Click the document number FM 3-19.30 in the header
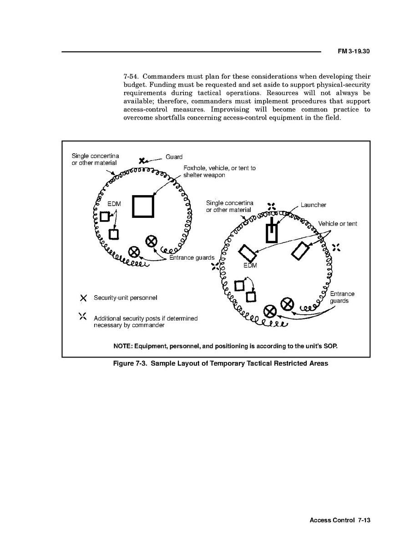click(354, 51)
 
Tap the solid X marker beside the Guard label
click(142, 161)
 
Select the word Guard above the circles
click(174, 157)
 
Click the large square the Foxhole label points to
click(143, 206)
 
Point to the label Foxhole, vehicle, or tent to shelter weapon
click(219, 171)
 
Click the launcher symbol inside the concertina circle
click(272, 230)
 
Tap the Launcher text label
click(313, 205)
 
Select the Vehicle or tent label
click(338, 224)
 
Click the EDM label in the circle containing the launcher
click(250, 266)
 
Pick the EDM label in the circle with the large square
click(114, 204)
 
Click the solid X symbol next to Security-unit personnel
click(83, 298)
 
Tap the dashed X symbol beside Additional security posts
click(82, 316)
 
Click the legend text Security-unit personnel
click(126, 298)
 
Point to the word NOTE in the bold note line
click(123, 346)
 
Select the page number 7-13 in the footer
click(364, 520)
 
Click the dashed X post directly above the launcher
click(272, 207)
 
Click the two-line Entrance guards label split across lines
click(342, 297)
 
